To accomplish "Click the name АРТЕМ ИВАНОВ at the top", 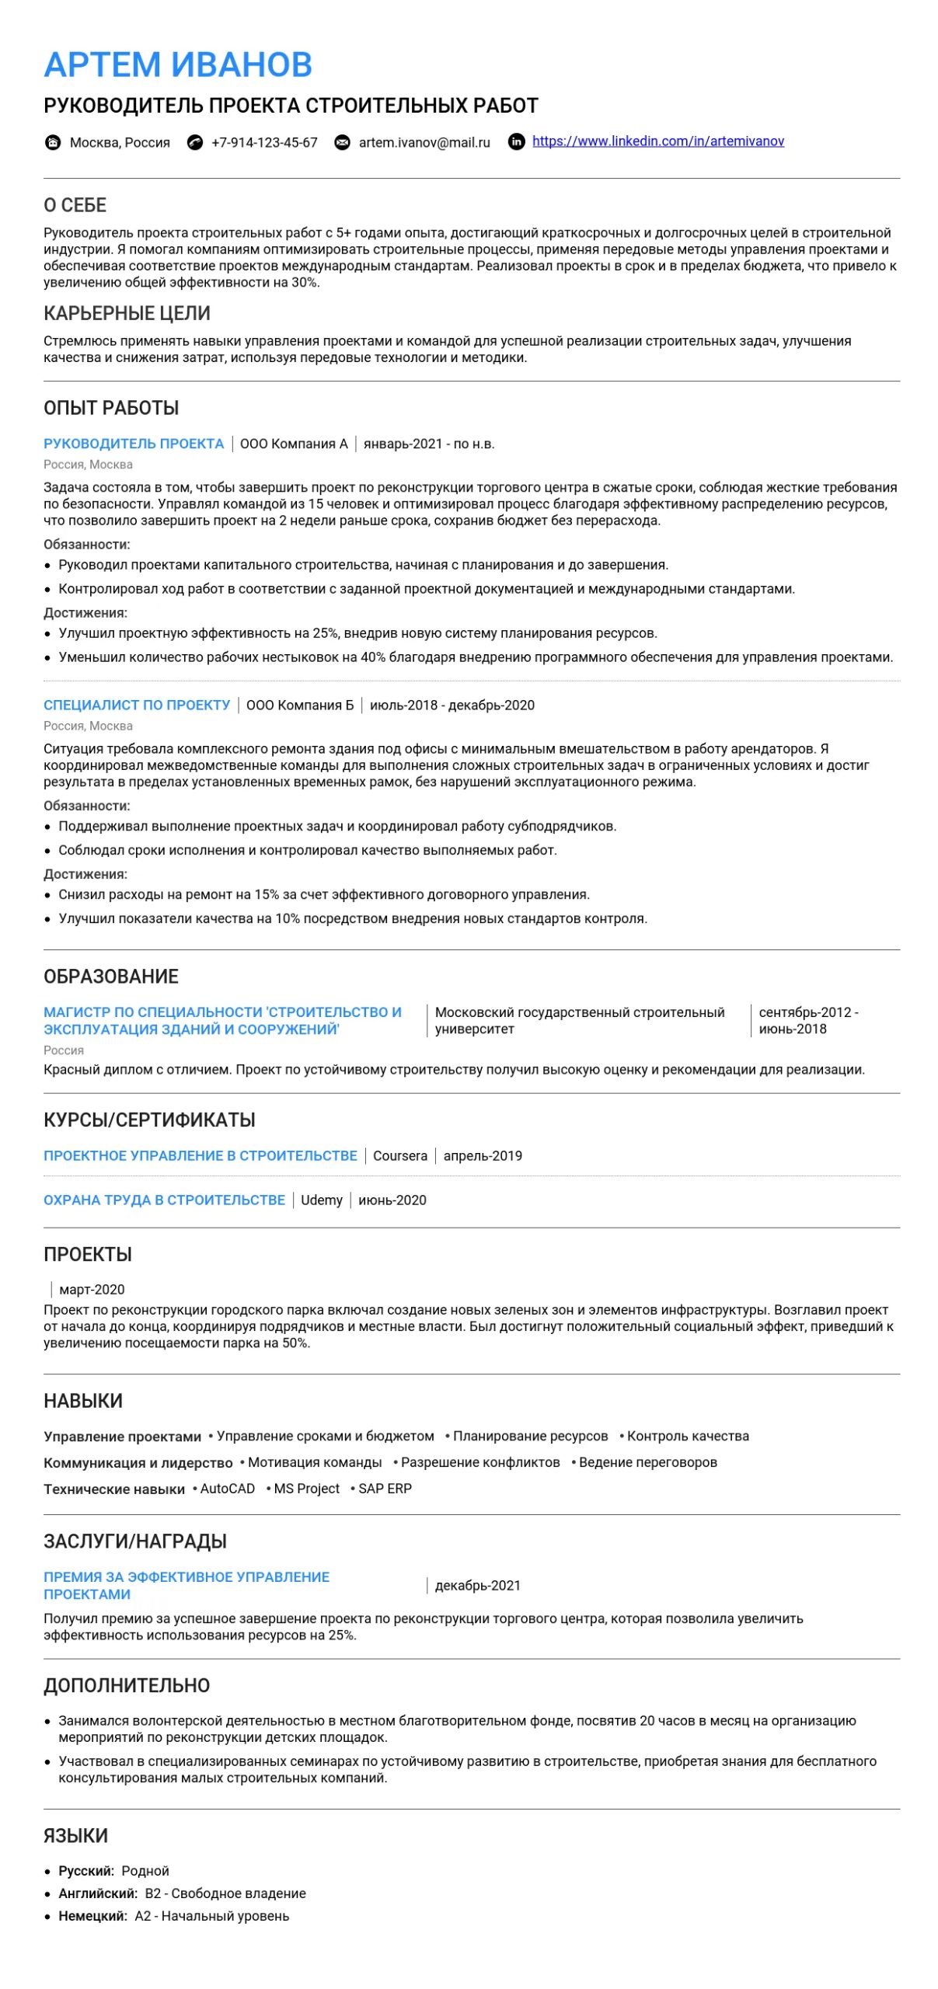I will pyautogui.click(x=178, y=64).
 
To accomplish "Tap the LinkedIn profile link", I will pyautogui.click(x=657, y=141).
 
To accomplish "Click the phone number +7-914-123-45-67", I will pyautogui.click(x=264, y=143).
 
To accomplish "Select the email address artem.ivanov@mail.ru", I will pyautogui.click(x=424, y=143).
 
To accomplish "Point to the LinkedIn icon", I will pyautogui.click(x=516, y=141).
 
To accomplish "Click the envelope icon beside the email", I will pyautogui.click(x=342, y=143).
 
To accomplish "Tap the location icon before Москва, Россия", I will pyautogui.click(x=53, y=142).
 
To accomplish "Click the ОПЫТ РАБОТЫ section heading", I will pyautogui.click(x=111, y=408).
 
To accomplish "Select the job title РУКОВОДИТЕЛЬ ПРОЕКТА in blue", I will pyautogui.click(x=134, y=444).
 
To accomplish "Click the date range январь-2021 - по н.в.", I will pyautogui.click(x=429, y=444).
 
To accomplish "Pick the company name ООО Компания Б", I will pyautogui.click(x=300, y=705).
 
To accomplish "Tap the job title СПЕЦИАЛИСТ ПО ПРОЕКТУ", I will pyautogui.click(x=137, y=705).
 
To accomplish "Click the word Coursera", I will pyautogui.click(x=400, y=1156).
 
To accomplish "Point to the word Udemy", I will pyautogui.click(x=322, y=1200).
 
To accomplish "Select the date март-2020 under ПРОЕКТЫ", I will pyautogui.click(x=92, y=1290).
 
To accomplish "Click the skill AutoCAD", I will pyautogui.click(x=228, y=1489).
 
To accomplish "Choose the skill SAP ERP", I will pyautogui.click(x=385, y=1489).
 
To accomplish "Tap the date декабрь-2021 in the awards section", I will pyautogui.click(x=478, y=1586).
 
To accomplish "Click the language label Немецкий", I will pyautogui.click(x=92, y=1916).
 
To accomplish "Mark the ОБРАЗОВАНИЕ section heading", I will pyautogui.click(x=111, y=977).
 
